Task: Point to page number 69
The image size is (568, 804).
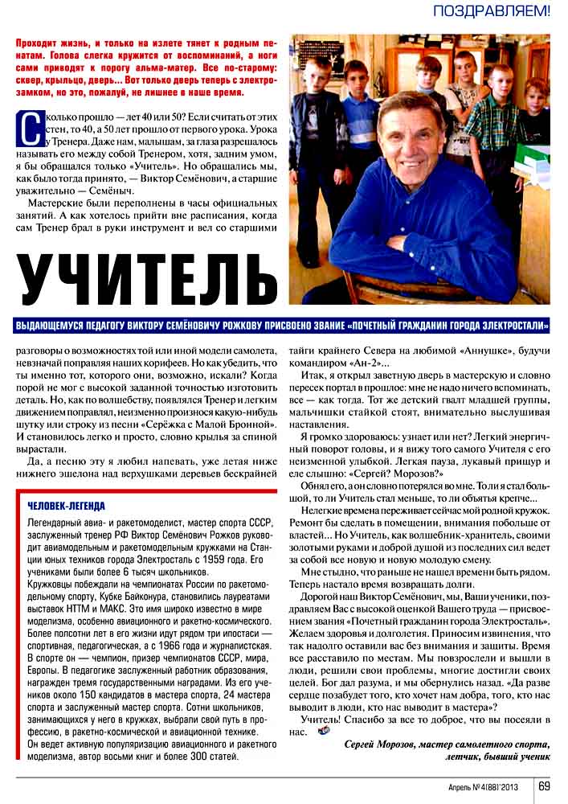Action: (x=544, y=786)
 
